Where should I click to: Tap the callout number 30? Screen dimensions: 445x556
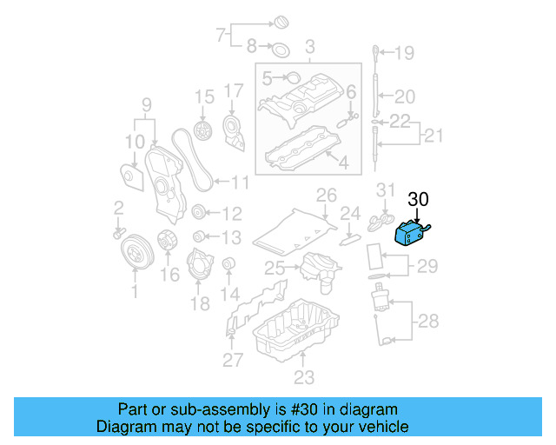click(x=419, y=200)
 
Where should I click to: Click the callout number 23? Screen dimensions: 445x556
click(x=302, y=377)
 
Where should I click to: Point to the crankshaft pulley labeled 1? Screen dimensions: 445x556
click(x=135, y=253)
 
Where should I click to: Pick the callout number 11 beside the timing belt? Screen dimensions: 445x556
click(x=240, y=183)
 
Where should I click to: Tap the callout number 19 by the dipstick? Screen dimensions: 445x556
click(x=405, y=54)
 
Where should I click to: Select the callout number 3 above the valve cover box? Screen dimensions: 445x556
click(x=308, y=46)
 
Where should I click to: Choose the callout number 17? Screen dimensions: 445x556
click(x=234, y=90)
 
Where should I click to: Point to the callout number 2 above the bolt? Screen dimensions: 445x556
click(x=119, y=207)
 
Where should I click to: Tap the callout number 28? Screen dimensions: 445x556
click(x=428, y=322)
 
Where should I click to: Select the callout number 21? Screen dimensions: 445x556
click(x=433, y=135)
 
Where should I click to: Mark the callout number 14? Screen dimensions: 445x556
click(x=230, y=294)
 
